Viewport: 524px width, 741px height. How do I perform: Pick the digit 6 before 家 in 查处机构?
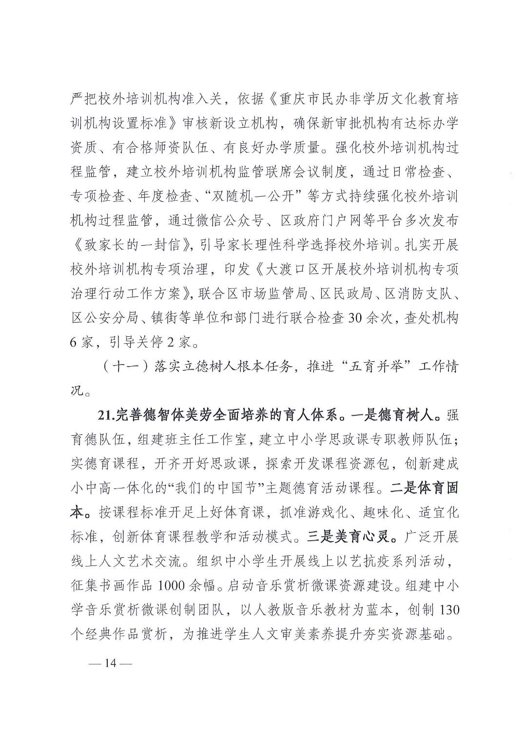[74, 342]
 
